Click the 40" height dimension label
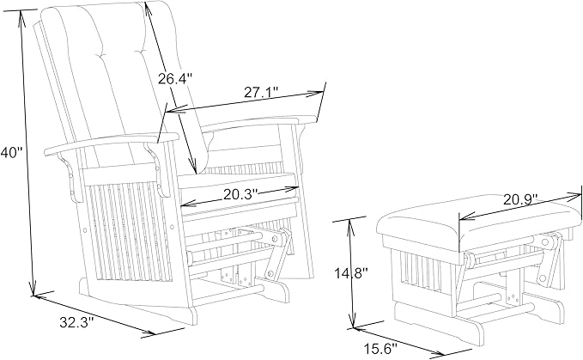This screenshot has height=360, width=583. [x=11, y=152]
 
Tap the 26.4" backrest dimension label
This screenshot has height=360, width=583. [x=175, y=78]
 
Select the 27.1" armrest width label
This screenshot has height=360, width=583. [x=261, y=92]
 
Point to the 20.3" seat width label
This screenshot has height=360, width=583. [x=240, y=194]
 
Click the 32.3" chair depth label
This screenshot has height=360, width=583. [x=76, y=321]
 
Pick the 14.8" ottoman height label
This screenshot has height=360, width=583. [x=350, y=273]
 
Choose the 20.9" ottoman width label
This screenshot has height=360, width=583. [x=521, y=199]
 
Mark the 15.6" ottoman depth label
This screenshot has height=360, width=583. [x=380, y=349]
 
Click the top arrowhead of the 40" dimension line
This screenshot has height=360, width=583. [x=21, y=15]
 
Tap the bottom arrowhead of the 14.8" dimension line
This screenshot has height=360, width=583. [x=353, y=323]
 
